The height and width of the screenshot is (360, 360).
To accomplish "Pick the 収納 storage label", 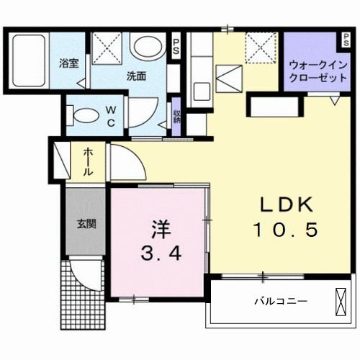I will (x=176, y=115).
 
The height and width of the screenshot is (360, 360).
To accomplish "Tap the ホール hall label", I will (x=86, y=162).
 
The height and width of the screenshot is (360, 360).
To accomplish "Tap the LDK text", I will (x=285, y=204).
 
